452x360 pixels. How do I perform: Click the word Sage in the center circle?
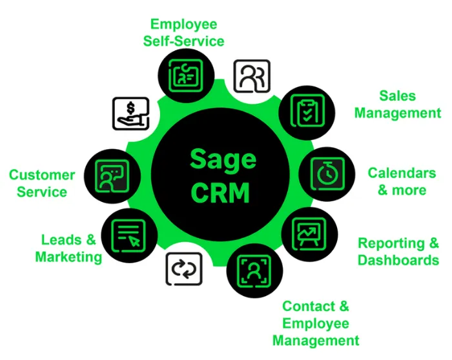coord(223,159)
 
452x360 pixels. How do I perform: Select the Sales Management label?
coord(397,105)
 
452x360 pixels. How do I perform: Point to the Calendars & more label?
coord(402,181)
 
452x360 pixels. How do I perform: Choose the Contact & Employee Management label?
coord(316,323)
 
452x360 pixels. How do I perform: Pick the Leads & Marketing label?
coord(68,248)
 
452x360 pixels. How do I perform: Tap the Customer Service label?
coord(42,183)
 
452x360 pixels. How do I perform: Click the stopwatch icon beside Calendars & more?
coord(327,174)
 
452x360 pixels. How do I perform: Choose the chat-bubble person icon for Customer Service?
coord(112,175)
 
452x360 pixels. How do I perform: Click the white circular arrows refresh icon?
coord(184,268)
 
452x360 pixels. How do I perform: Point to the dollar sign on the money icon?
coord(132,106)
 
